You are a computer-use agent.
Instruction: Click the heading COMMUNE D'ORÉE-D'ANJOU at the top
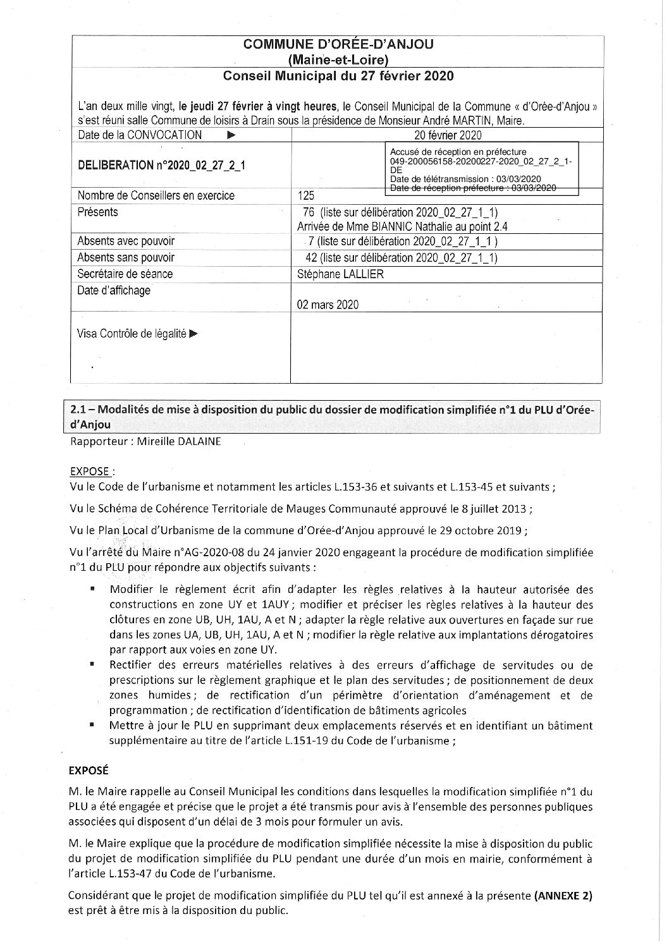point(338,44)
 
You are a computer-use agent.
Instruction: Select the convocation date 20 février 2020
point(447,135)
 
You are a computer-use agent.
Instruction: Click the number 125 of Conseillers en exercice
point(305,196)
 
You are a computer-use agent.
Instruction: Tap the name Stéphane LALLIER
point(340,274)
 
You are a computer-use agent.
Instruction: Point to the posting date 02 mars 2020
point(328,305)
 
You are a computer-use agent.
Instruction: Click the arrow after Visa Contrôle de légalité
point(193,334)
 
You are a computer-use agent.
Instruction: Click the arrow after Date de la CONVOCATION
point(231,135)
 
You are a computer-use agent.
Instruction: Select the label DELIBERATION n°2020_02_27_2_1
point(161,166)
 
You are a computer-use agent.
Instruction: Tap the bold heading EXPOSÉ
point(89,771)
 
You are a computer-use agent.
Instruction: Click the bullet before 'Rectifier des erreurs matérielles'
point(93,665)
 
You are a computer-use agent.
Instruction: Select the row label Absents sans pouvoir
point(126,257)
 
